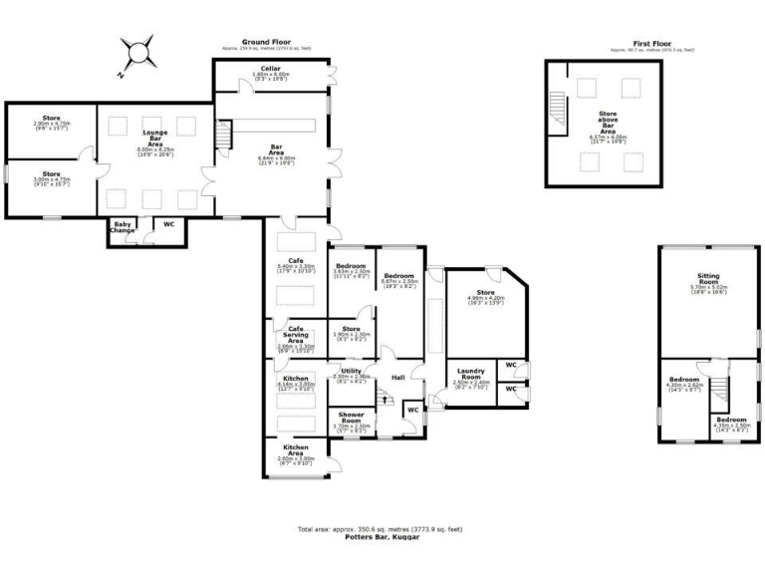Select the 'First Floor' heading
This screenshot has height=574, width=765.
coord(654,44)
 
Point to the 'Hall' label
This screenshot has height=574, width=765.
coord(397,377)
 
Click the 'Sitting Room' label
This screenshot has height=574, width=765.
coord(709,282)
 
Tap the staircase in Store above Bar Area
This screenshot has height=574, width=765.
coord(557,104)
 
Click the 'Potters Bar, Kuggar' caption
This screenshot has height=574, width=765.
coord(382,536)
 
